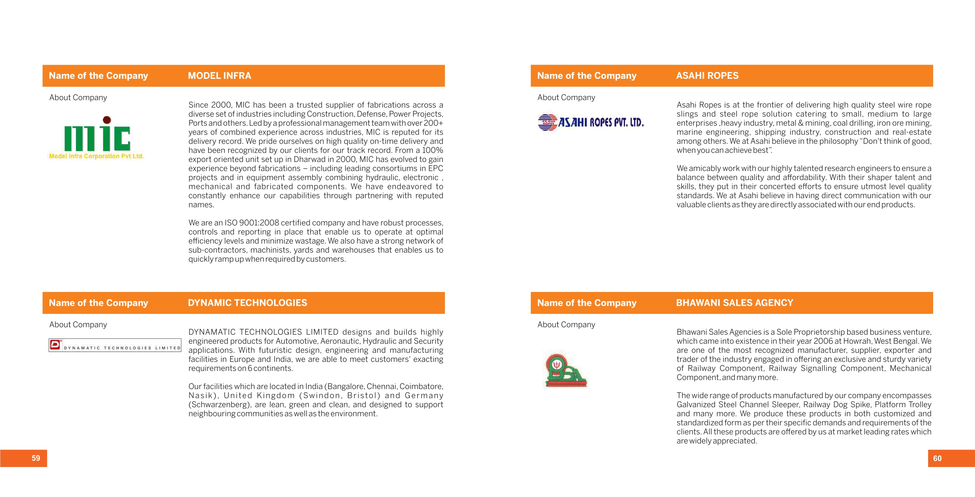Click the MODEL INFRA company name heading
(x=219, y=76)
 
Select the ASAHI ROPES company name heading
(x=707, y=76)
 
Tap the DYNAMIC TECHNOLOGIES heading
(x=247, y=303)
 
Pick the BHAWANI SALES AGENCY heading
(x=734, y=303)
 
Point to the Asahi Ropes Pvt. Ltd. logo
(x=590, y=122)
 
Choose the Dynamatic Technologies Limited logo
(x=115, y=345)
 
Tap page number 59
(x=36, y=458)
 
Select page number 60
(x=937, y=458)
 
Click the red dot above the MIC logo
(x=107, y=120)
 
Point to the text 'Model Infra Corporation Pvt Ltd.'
(x=97, y=156)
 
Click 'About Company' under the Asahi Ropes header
(x=566, y=97)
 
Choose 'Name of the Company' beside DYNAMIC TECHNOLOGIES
(x=98, y=303)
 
